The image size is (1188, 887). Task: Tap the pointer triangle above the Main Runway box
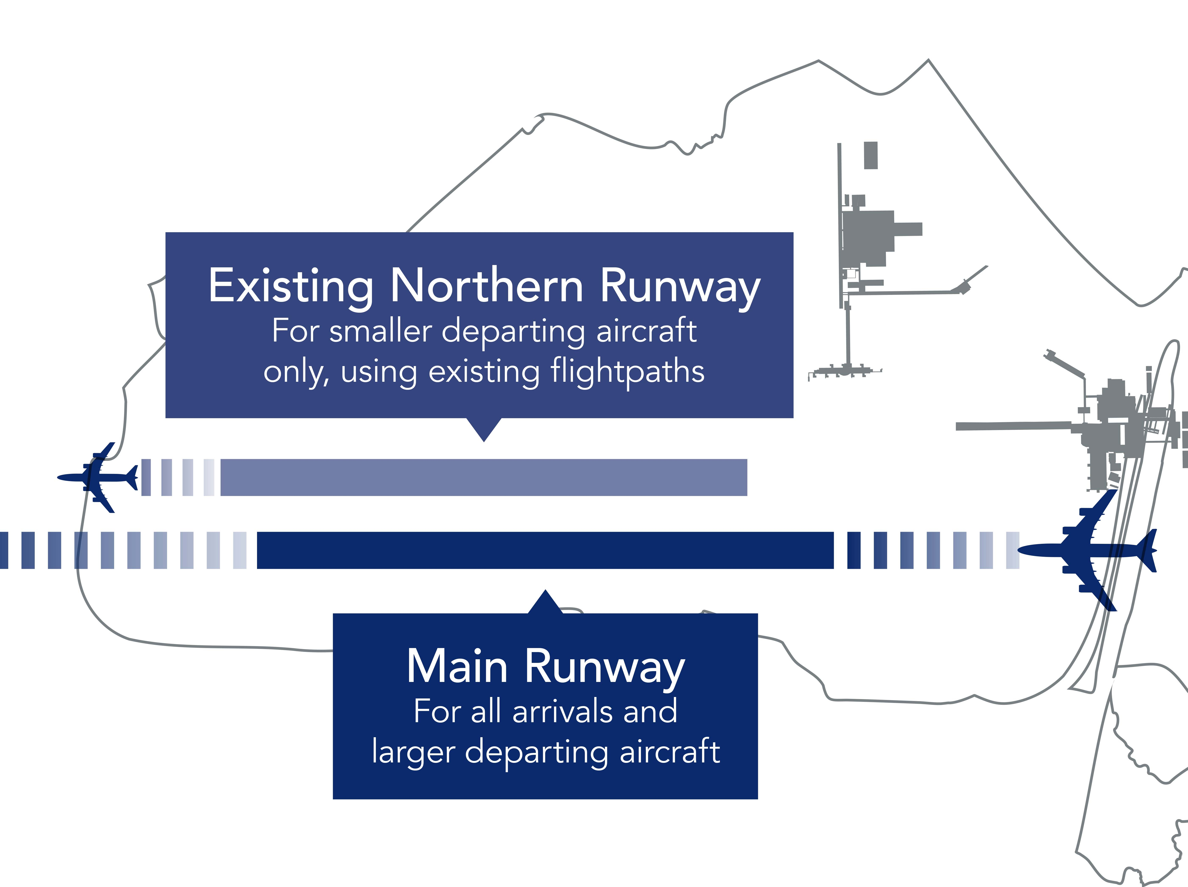pos(545,602)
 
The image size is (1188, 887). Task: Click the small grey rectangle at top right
pos(870,155)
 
